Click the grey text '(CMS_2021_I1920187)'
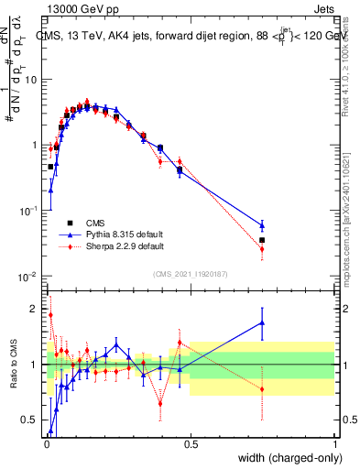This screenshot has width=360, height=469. pyautogui.click(x=190, y=272)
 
